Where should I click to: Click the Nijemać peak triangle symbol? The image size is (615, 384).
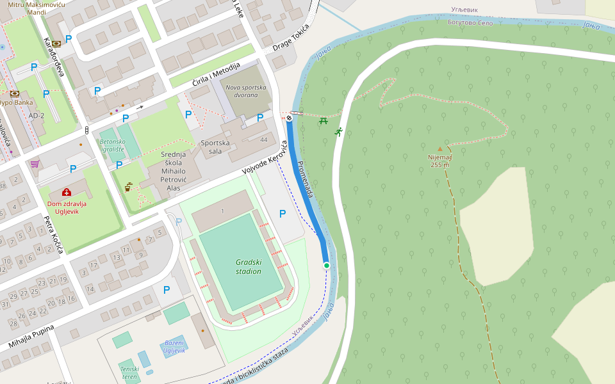point(439,149)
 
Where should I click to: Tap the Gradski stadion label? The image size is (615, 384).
point(249,266)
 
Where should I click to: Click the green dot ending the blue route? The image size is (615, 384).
point(326,265)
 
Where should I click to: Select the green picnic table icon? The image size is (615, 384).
point(324,120)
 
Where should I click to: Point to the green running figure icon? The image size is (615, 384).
point(338,132)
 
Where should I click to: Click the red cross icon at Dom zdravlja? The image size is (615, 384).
point(67,192)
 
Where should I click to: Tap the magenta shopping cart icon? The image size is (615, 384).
point(35,164)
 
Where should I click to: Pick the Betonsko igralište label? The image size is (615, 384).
point(111,145)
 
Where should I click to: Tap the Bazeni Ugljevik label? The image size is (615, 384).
point(174,346)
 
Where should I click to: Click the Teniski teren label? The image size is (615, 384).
point(129,372)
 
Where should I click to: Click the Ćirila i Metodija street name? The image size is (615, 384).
point(217,75)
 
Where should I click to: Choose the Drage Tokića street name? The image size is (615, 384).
point(291,38)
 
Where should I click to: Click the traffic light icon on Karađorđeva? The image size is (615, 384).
point(87,130)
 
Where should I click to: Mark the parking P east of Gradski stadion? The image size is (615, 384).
point(283,214)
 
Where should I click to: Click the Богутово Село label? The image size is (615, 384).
point(470,22)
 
